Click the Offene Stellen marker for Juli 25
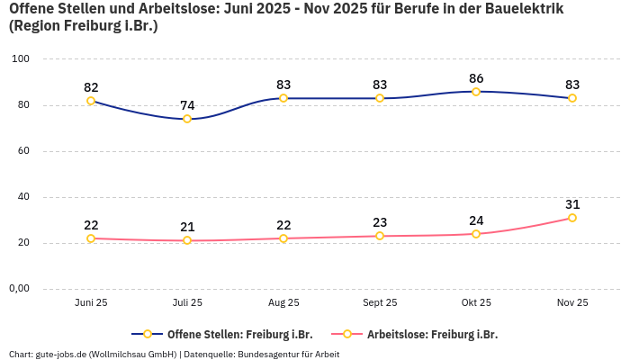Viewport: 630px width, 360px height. click(187, 119)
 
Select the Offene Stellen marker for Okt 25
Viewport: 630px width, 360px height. click(476, 91)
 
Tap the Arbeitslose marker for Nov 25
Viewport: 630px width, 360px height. click(572, 218)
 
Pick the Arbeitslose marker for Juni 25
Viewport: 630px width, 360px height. click(91, 238)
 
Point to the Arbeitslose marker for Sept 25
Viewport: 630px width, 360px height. click(380, 236)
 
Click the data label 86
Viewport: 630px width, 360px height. click(476, 78)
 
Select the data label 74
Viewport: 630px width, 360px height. click(187, 105)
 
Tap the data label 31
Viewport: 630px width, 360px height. click(572, 204)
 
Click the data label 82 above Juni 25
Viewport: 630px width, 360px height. click(91, 87)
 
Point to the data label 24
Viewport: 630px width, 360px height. click(476, 220)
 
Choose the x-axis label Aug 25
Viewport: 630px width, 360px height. click(283, 303)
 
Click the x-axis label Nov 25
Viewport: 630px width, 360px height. click(572, 303)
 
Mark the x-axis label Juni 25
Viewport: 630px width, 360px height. click(91, 303)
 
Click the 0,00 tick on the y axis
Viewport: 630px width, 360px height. click(18, 289)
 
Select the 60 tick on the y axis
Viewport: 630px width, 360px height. click(24, 151)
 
